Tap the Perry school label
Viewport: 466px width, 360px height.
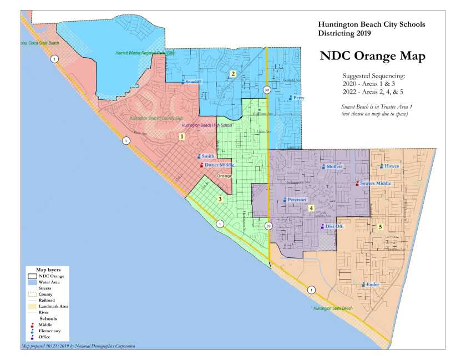(x=298, y=98)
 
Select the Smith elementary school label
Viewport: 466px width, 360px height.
(x=207, y=156)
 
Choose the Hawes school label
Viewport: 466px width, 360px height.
(x=391, y=166)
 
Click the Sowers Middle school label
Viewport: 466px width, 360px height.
(x=375, y=183)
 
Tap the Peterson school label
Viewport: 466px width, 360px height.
(x=297, y=200)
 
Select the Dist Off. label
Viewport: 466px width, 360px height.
(x=333, y=226)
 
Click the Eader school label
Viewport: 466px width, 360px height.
(x=372, y=285)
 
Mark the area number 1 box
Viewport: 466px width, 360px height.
(x=181, y=136)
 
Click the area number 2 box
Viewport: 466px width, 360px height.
(x=234, y=74)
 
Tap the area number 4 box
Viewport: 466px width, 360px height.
(x=311, y=208)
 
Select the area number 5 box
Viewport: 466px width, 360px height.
(x=381, y=226)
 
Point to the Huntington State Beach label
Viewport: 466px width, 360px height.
(x=332, y=308)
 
